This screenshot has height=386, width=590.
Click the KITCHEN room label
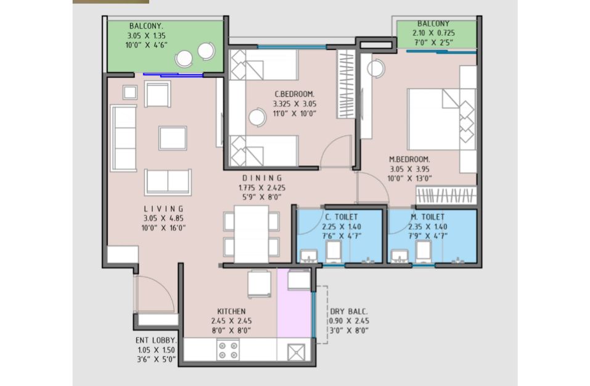231,311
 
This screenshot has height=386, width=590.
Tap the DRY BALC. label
349,311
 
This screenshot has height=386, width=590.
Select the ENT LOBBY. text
156,340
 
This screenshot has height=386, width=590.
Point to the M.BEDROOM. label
409,159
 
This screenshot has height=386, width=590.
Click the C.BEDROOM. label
294,94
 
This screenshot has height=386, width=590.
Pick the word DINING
262,178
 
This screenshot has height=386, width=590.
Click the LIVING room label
163,209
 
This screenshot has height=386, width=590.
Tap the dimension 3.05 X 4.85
163,218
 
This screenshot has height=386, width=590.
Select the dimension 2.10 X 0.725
433,33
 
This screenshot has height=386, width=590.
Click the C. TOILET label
342,217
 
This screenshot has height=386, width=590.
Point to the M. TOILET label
427,217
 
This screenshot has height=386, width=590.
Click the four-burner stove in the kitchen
228,350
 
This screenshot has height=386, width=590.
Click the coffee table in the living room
173,138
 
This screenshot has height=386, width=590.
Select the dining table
252,234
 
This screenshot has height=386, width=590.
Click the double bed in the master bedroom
441,119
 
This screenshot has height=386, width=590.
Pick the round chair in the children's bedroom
258,117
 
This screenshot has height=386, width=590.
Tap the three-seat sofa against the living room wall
123,138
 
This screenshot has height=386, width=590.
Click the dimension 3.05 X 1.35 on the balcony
146,36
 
